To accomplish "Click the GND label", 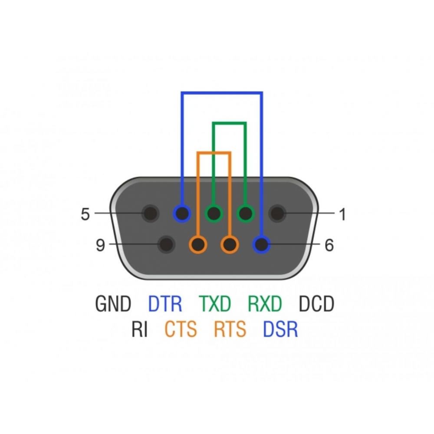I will tap(113, 304).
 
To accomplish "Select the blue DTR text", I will tap(165, 304).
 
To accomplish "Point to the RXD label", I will tap(265, 304).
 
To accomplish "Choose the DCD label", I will tap(317, 304).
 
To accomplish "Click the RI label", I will tap(140, 330).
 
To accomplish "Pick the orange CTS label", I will tap(181, 330).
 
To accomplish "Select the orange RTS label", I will tap(230, 330).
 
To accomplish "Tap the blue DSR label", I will tap(281, 330).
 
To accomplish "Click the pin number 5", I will tap(85, 214).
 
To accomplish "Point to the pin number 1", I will tap(342, 214).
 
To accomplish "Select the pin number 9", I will tap(100, 246).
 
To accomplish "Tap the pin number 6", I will tap(329, 246).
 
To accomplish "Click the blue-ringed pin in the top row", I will tap(182, 214).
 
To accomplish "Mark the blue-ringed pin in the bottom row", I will tap(261, 245).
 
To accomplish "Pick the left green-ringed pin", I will tap(214, 214).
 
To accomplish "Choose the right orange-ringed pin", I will tap(230, 245).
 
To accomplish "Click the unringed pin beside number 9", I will tap(166, 245).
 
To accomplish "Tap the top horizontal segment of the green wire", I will tap(230, 123).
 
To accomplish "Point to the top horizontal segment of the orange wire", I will tap(214, 153).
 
